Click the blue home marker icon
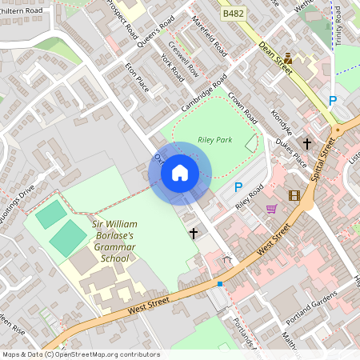click(x=180, y=173)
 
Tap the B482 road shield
click(x=234, y=14)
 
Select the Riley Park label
click(x=214, y=140)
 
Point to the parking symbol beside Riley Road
click(x=238, y=187)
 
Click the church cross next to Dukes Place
click(x=307, y=143)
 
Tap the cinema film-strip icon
click(x=294, y=195)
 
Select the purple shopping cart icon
click(x=271, y=209)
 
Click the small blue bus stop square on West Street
click(x=220, y=283)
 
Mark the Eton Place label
click(x=137, y=77)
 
